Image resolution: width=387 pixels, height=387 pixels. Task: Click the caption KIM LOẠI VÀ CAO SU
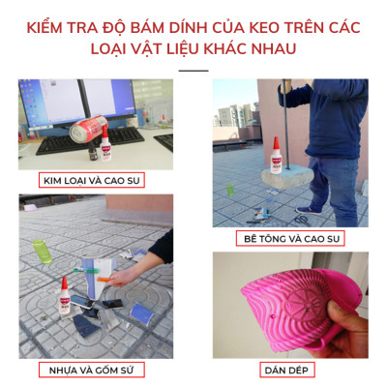95,180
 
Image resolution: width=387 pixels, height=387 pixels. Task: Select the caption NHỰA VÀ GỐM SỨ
95,369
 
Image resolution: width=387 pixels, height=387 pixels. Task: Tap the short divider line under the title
193,70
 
